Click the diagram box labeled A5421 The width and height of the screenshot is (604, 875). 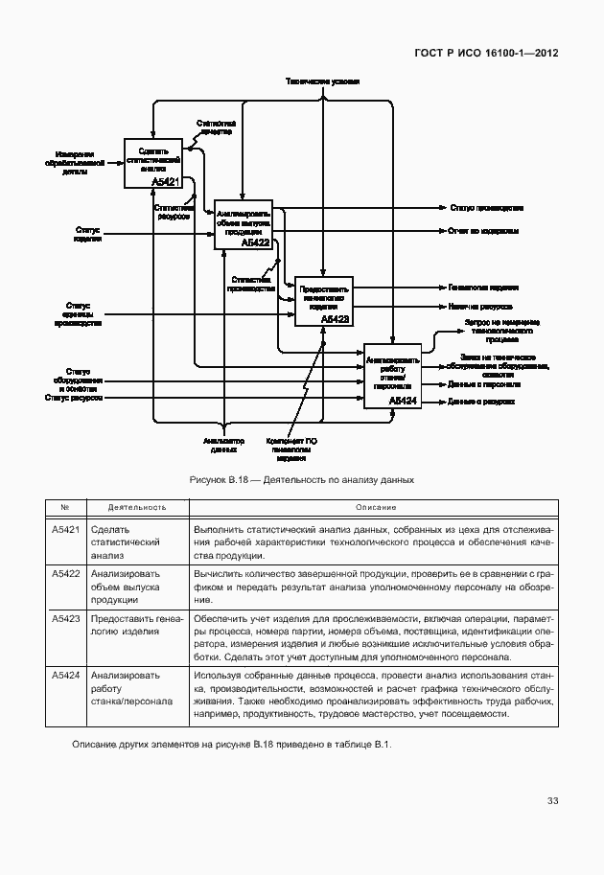coord(152,162)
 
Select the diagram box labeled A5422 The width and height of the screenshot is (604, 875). coord(244,225)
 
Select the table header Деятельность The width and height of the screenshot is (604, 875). coord(137,507)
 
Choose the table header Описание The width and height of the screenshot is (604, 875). coord(377,507)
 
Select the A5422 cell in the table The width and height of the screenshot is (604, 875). coord(65,573)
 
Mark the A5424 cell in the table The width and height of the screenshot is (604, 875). coord(65,675)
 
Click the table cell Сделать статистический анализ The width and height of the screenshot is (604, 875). coord(124,541)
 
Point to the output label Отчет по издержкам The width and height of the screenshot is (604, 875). coord(483,231)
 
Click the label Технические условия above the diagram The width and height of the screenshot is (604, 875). coord(322,82)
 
